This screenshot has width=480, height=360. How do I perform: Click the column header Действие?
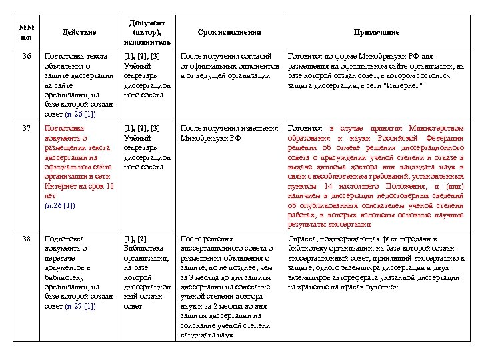pos(79,32)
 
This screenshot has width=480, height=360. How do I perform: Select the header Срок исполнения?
pos(229,32)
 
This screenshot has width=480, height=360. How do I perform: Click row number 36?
pos(26,57)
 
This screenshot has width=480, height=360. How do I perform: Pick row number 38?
pos(26,239)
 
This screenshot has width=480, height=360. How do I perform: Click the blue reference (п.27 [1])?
pos(80,306)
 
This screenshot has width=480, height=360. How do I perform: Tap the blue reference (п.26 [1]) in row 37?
pos(59,206)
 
